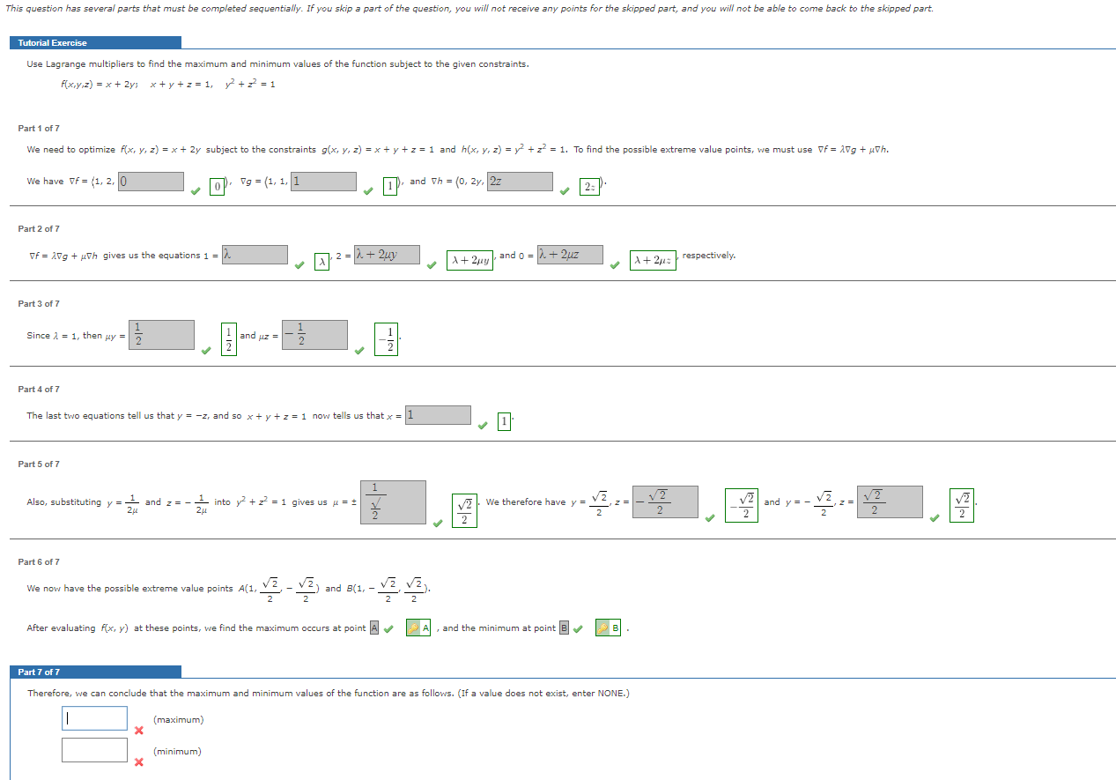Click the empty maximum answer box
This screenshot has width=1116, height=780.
coord(94,718)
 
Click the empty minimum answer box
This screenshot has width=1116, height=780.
coord(94,750)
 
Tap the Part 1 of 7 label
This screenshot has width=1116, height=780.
coord(39,129)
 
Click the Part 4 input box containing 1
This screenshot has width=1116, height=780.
coord(438,415)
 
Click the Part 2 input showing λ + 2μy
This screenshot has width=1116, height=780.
coord(387,255)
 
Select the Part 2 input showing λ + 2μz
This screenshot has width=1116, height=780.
coord(570,255)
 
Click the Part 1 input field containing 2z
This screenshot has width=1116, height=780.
coord(520,182)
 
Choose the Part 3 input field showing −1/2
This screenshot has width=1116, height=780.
coord(314,335)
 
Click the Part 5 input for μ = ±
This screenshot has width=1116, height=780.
coord(393,501)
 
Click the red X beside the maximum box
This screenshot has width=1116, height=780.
coord(138,731)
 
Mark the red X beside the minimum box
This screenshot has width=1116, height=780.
coord(138,762)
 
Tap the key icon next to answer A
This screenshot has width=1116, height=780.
coord(412,628)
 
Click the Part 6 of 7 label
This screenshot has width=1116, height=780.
coord(39,562)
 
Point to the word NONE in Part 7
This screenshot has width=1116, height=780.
coord(611,694)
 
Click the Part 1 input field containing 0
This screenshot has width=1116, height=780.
coord(151,182)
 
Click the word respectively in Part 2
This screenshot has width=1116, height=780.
coord(709,256)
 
